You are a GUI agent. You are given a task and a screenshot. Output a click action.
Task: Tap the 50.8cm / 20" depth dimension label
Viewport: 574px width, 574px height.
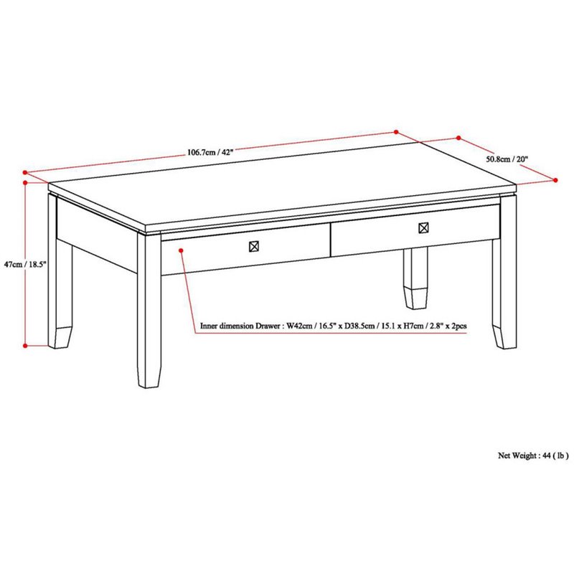click(x=507, y=159)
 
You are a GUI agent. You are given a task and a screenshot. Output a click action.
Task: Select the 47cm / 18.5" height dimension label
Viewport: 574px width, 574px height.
click(x=25, y=264)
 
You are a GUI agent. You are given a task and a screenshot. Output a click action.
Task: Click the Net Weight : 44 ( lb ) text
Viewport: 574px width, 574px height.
click(x=533, y=456)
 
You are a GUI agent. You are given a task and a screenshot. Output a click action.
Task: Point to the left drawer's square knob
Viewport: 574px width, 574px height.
click(x=253, y=246)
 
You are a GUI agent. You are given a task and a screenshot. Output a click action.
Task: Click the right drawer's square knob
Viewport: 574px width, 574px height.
click(x=423, y=228)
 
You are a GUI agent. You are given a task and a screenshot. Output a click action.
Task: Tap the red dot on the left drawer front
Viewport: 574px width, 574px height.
click(x=182, y=250)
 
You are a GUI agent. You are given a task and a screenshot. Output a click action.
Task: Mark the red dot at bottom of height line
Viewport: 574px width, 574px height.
click(x=26, y=346)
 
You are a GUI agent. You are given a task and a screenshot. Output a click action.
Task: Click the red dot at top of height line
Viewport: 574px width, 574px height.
click(x=26, y=182)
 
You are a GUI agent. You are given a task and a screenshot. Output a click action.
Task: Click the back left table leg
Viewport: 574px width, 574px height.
click(x=61, y=287)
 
